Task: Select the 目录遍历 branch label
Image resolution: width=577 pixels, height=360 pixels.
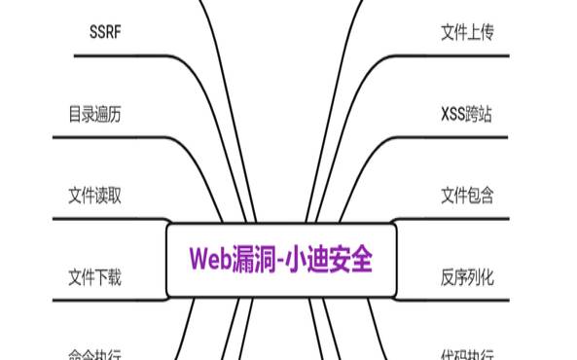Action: tap(94, 114)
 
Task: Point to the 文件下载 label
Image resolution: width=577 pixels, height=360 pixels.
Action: tap(94, 277)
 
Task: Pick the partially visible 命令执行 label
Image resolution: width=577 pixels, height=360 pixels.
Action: tap(94, 354)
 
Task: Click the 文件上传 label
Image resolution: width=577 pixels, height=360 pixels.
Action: tap(467, 32)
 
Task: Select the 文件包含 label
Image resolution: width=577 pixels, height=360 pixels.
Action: tap(467, 196)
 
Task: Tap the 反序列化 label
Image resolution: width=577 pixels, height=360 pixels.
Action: tap(467, 277)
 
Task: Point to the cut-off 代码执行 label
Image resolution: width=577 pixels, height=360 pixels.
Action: tap(467, 354)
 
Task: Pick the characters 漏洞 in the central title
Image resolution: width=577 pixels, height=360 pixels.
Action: tap(259, 259)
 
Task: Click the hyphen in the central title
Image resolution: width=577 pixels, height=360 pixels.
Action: tap(288, 260)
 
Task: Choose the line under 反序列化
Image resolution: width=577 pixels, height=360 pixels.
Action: tap(467, 301)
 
